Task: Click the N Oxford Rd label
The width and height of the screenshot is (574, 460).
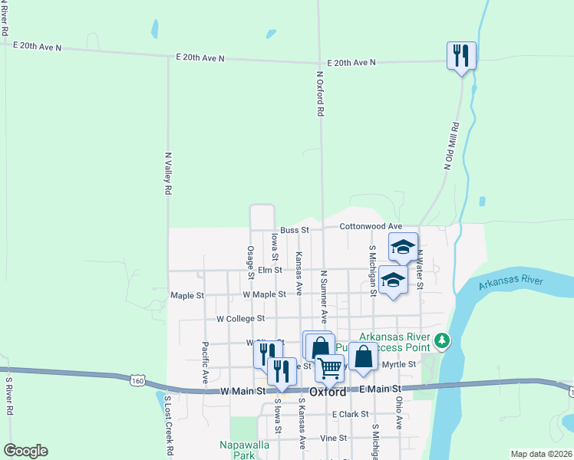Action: [320, 94]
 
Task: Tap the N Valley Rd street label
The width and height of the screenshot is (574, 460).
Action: [167, 174]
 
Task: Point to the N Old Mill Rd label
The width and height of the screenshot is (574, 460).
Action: [451, 145]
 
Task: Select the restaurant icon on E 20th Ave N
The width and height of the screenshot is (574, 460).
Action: [461, 56]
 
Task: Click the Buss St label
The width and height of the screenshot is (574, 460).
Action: [294, 229]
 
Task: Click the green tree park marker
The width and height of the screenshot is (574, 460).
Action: [441, 340]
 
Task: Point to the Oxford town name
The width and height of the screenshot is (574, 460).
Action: [328, 391]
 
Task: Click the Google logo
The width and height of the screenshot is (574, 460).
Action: [25, 451]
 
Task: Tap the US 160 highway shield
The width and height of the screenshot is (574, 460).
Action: [137, 380]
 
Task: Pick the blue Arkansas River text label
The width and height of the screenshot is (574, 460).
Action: [510, 283]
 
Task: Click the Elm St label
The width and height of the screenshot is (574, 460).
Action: [270, 270]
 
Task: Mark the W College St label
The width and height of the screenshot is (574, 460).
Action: [240, 318]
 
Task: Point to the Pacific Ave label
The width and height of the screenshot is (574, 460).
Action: [205, 363]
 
